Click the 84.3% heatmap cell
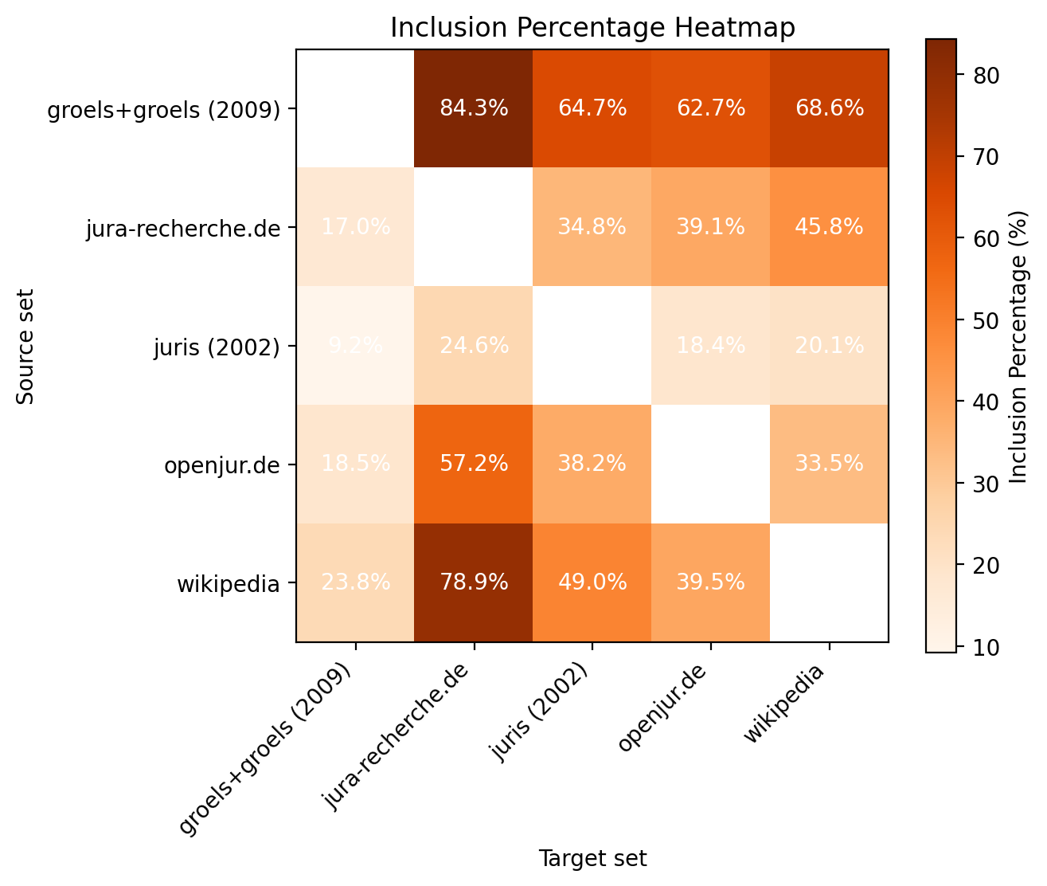click(474, 108)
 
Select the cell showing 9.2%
click(355, 346)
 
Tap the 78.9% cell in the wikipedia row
click(474, 582)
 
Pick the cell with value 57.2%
click(474, 464)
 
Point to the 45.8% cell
click(829, 227)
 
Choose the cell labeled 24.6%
click(474, 346)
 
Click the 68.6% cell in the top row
click(829, 108)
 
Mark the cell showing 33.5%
click(829, 464)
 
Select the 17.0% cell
click(355, 227)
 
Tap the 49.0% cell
click(592, 582)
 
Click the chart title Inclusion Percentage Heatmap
click(592, 28)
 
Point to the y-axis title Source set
click(26, 346)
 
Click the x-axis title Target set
click(592, 858)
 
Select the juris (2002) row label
click(217, 347)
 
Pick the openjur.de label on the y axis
click(221, 465)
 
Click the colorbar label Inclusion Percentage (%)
click(1018, 346)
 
